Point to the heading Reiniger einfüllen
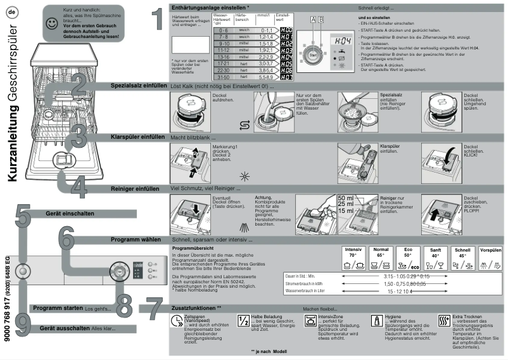pyautogui.click(x=135, y=188)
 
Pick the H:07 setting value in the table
pyautogui.click(x=286, y=77)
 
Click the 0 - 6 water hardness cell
pyautogui.click(x=222, y=30)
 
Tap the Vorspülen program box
pyautogui.click(x=491, y=259)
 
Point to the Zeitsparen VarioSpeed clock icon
pyautogui.click(x=175, y=321)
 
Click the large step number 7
pyautogui.click(x=150, y=309)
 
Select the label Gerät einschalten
pyautogui.click(x=67, y=214)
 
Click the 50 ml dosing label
pyautogui.click(x=346, y=199)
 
